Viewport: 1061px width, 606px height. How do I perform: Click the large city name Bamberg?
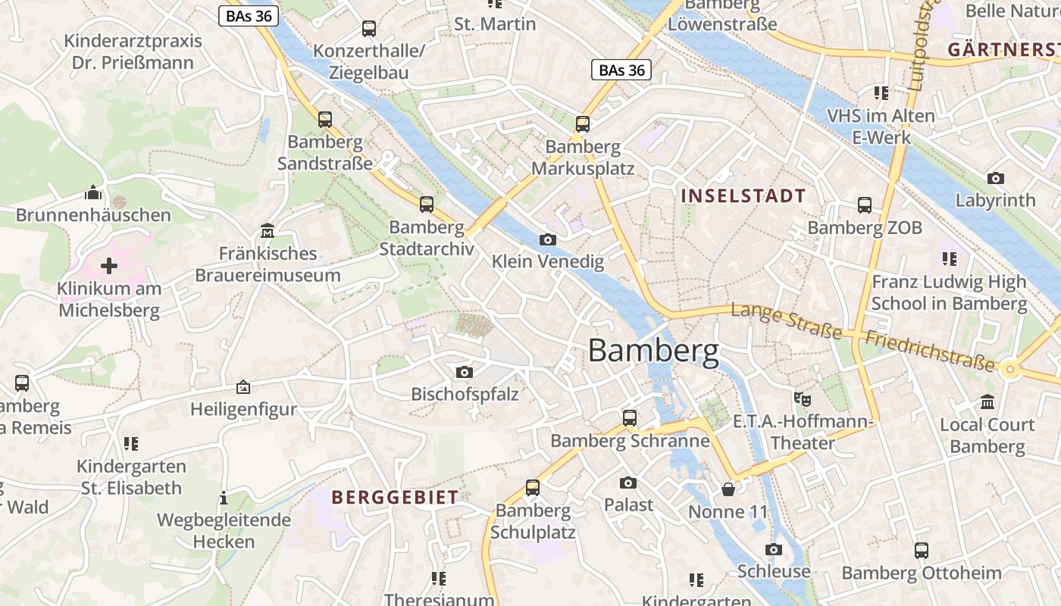(x=653, y=351)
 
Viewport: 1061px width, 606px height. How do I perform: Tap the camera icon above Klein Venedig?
(x=547, y=240)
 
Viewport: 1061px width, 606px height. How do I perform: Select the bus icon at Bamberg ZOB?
(x=865, y=205)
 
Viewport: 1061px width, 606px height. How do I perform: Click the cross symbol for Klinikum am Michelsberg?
(x=109, y=266)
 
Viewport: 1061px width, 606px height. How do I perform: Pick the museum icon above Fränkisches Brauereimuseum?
(x=268, y=230)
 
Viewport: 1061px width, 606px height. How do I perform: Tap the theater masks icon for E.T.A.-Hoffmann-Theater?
(x=803, y=398)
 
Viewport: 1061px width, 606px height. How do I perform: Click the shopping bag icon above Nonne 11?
(x=728, y=489)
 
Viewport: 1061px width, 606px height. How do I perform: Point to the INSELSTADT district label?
(x=743, y=196)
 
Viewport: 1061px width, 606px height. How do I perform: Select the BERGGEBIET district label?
(x=395, y=498)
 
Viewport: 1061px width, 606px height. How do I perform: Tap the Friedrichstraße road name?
(x=929, y=351)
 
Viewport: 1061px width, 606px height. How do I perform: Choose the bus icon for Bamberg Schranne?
(x=630, y=418)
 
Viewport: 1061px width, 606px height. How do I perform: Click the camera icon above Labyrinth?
(x=996, y=179)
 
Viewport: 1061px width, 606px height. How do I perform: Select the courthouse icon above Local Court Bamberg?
(x=987, y=402)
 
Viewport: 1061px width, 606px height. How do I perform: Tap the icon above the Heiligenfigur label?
(x=243, y=387)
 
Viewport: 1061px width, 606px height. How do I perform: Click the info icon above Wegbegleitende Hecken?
(x=224, y=498)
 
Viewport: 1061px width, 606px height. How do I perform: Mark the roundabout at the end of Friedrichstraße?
(x=1009, y=370)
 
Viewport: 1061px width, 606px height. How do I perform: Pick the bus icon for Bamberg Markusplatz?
(x=583, y=124)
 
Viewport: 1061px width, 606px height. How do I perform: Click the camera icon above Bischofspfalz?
(x=465, y=372)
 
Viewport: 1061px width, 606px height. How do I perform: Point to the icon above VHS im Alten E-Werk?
(x=881, y=93)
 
